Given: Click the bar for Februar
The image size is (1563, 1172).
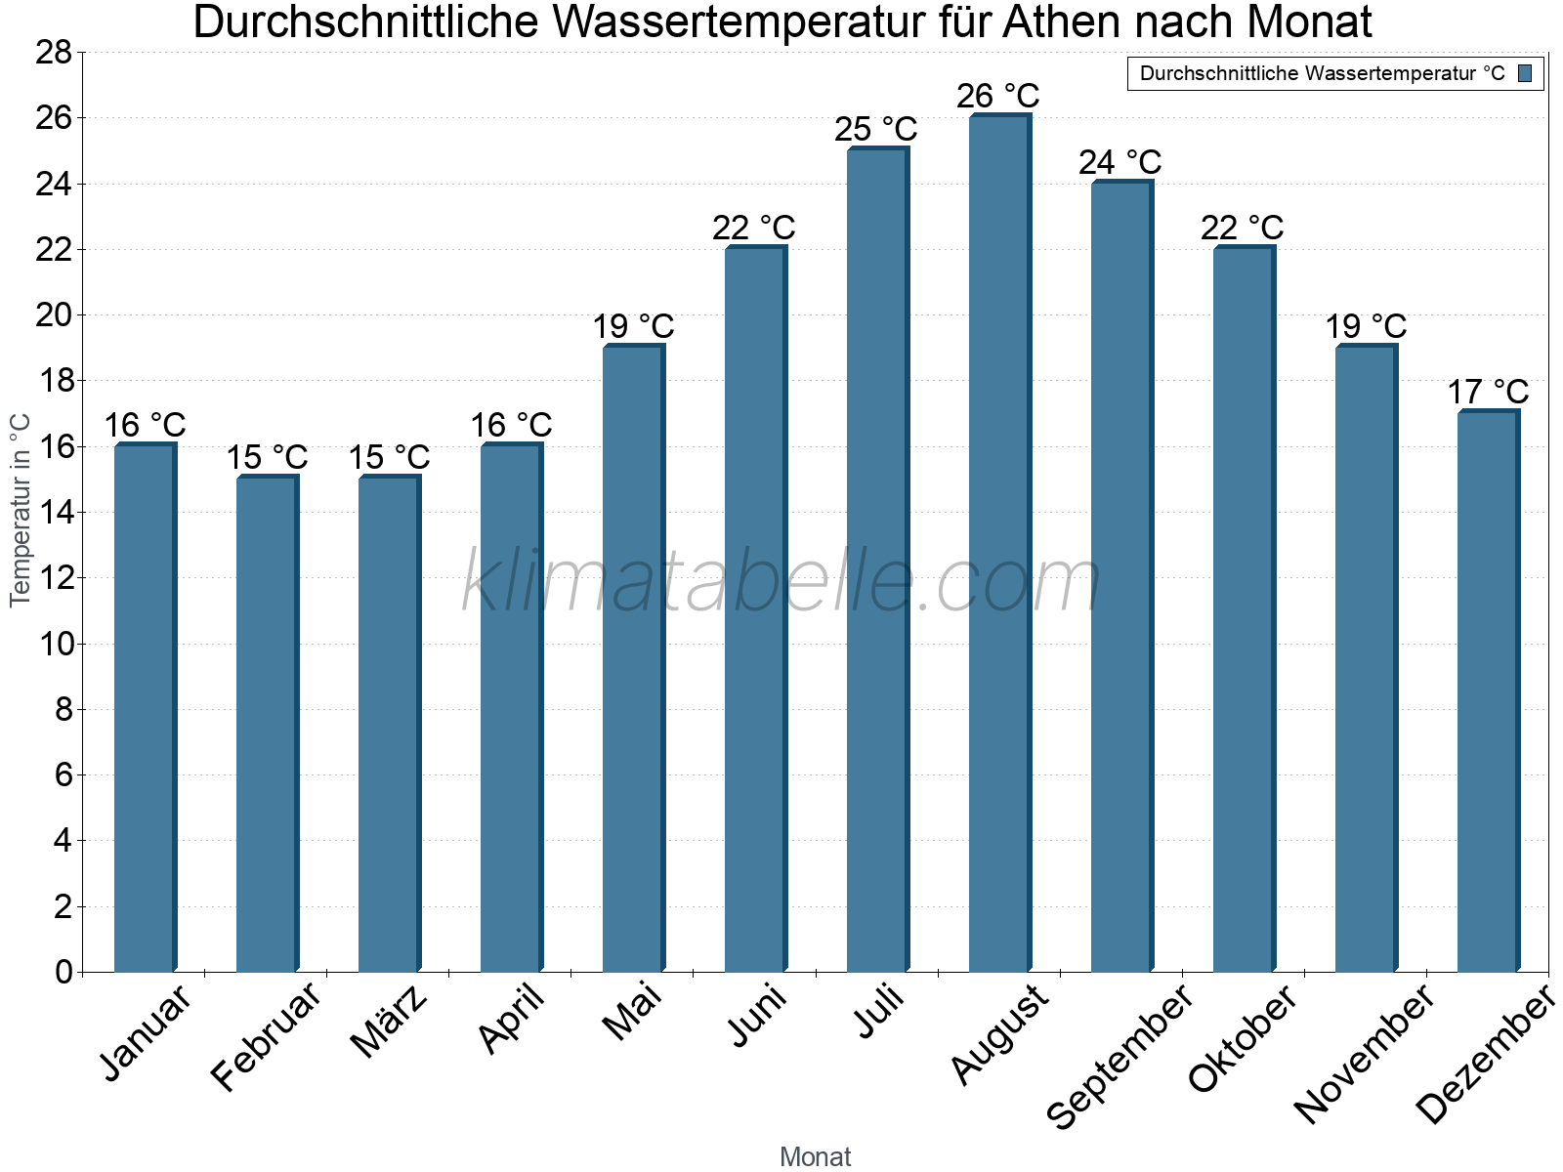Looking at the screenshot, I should [x=266, y=723].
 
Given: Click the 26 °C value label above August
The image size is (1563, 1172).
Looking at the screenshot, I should [x=998, y=97].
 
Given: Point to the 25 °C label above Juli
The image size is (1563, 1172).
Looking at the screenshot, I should [x=876, y=129].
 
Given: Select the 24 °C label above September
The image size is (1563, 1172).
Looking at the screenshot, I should [x=1120, y=162].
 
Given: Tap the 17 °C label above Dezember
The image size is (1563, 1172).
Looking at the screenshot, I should [x=1487, y=393].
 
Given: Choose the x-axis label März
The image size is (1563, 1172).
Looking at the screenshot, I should [x=389, y=1022].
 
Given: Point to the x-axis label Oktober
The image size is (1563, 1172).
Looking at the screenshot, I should [x=1242, y=1039].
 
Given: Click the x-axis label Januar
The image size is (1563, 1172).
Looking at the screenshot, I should [x=147, y=1034].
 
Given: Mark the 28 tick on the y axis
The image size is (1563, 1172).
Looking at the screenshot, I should [x=54, y=53].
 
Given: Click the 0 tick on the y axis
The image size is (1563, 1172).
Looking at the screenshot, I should [x=63, y=972].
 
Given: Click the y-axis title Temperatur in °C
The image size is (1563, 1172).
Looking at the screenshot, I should [x=21, y=510].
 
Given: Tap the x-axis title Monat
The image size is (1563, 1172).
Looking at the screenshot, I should [x=815, y=1157].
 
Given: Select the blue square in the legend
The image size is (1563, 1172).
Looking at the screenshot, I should [x=1525, y=73].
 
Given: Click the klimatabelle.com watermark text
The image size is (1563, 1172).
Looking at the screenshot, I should [x=781, y=582].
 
